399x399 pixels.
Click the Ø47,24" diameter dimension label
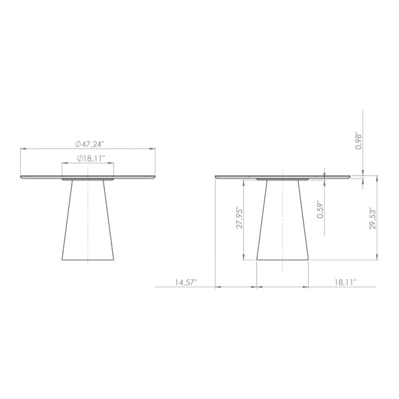(89, 144)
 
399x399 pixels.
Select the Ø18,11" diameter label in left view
(91, 158)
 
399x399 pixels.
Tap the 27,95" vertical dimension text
(239, 217)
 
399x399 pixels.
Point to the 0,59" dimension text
(320, 210)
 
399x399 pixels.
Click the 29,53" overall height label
(373, 218)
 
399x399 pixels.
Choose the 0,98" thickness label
(358, 141)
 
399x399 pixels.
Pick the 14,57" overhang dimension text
(186, 283)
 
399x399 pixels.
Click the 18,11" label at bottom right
(346, 282)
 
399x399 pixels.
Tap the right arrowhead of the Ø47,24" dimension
(152, 149)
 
